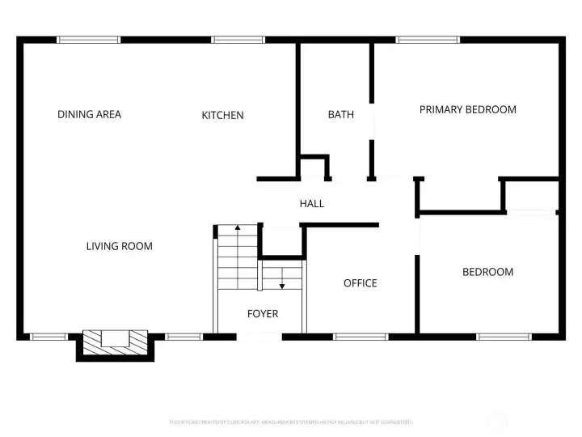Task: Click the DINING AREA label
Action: (x=89, y=114)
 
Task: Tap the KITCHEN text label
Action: (x=222, y=115)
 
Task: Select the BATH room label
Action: (x=340, y=114)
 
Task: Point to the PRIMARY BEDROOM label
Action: (x=467, y=109)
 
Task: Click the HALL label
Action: (x=311, y=203)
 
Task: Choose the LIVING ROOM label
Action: (x=119, y=246)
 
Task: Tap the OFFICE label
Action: (x=360, y=282)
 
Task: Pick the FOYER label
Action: (x=262, y=313)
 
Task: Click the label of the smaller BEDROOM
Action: (x=487, y=272)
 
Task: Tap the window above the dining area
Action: (x=89, y=39)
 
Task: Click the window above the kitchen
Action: (x=238, y=39)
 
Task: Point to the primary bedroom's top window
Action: (x=428, y=39)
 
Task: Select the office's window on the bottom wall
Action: (x=361, y=336)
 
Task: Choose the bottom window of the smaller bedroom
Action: (x=503, y=336)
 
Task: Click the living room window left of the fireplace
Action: (x=48, y=336)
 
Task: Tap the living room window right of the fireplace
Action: (x=183, y=336)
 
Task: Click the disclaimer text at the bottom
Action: (x=290, y=422)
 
